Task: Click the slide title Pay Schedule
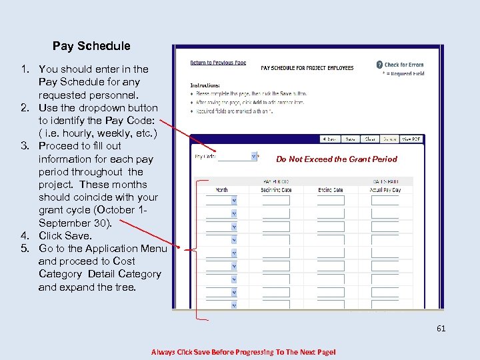[91, 46]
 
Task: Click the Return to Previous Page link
[218, 63]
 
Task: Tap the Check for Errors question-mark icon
[379, 65]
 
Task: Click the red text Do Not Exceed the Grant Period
[336, 159]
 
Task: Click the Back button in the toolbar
[329, 139]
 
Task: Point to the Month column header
[221, 190]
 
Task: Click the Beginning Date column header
[275, 190]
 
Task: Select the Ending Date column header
[329, 190]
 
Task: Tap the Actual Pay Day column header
[385, 190]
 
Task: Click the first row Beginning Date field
[275, 200]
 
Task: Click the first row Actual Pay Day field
[385, 200]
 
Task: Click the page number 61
[441, 328]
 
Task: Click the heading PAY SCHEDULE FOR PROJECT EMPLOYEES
[307, 68]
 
